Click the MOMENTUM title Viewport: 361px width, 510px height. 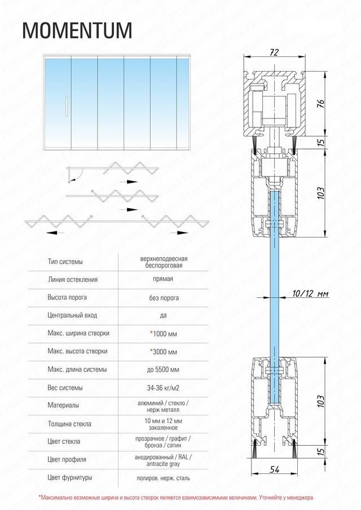coord(77,30)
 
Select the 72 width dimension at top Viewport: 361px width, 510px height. coord(274,52)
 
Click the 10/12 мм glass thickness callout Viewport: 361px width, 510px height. coord(311,294)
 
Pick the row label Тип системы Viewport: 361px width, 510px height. coord(65,262)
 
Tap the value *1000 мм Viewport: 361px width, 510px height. coord(164,333)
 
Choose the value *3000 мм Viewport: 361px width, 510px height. coord(164,351)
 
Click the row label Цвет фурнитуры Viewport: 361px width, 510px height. coord(71,478)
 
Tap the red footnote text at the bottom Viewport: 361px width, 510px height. coord(177,498)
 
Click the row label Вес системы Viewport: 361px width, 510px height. coord(65,388)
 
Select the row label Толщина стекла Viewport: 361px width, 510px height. coord(70,424)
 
